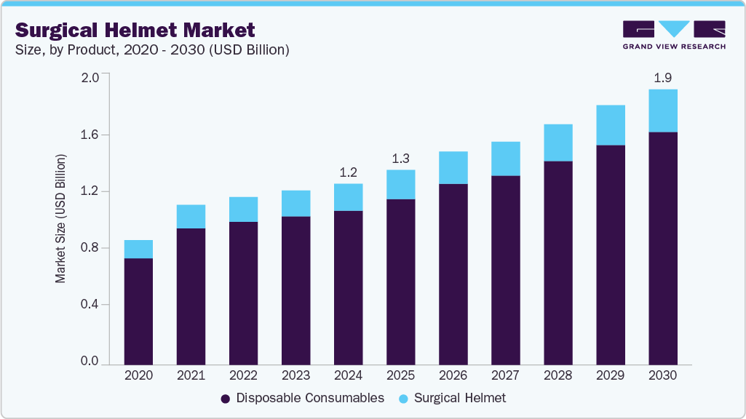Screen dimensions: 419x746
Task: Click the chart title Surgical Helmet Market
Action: point(135,30)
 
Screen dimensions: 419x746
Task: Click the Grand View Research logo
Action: point(674,35)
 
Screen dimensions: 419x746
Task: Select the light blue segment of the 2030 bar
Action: point(663,111)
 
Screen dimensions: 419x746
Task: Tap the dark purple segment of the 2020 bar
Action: point(138,311)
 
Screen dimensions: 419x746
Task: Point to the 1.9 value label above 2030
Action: point(663,77)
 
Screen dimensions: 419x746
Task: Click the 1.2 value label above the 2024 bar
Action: point(348,172)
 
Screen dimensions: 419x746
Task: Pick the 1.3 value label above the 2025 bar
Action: point(400,158)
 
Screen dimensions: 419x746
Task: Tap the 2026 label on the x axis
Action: point(453,375)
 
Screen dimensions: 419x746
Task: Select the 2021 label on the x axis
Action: point(191,375)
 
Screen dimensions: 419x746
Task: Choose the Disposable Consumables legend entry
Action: point(302,398)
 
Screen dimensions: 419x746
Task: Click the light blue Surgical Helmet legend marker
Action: point(405,399)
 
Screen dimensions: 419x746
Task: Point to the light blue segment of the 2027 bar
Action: point(505,159)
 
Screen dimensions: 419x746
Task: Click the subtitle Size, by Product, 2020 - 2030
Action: point(153,50)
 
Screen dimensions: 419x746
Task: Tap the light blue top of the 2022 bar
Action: point(243,209)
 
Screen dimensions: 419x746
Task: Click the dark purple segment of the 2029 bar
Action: point(611,255)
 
